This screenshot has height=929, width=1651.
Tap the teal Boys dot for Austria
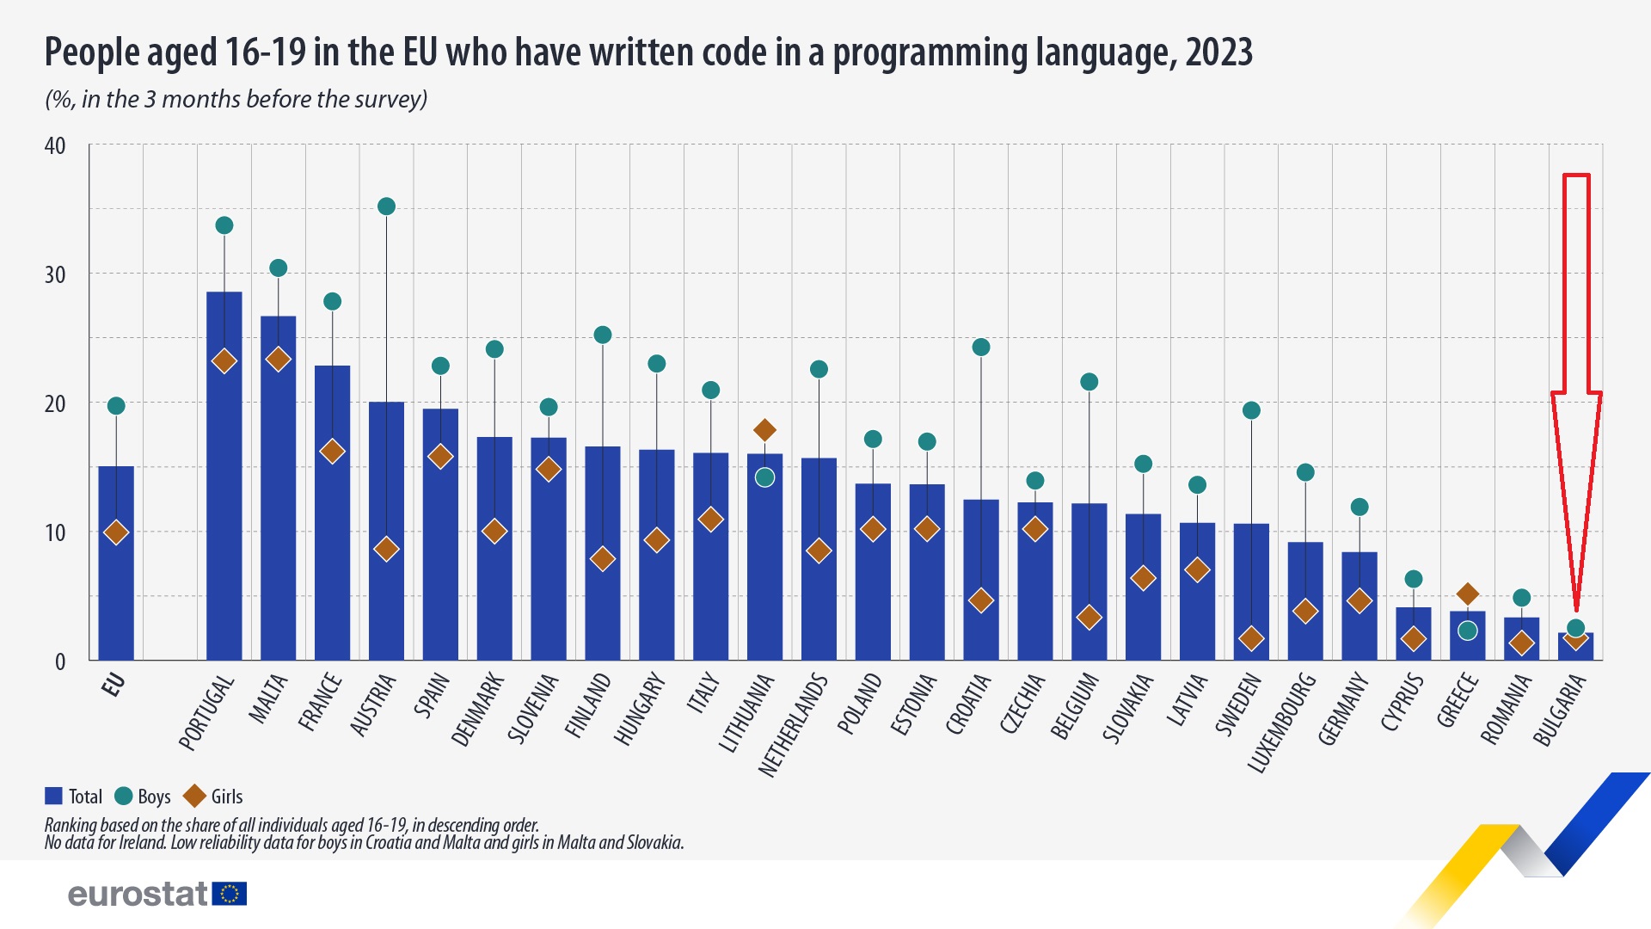tap(386, 206)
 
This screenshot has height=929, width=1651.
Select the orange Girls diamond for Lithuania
tap(764, 430)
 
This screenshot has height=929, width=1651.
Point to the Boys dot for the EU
tap(116, 406)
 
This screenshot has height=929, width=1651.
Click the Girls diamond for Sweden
tap(1251, 638)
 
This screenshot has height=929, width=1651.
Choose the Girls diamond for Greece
tap(1468, 594)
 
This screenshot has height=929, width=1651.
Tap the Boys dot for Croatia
tap(981, 348)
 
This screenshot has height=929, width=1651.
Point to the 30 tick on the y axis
tap(55, 274)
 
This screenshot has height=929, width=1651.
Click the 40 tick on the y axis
tap(55, 145)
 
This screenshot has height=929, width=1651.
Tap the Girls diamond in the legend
tap(194, 797)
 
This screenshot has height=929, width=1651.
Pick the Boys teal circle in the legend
tap(124, 797)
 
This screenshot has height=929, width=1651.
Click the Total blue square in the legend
tap(53, 797)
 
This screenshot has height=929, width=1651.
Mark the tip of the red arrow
tap(1576, 612)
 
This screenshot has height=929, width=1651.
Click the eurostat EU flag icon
tap(230, 894)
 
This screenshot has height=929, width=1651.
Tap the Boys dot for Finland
tap(603, 335)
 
